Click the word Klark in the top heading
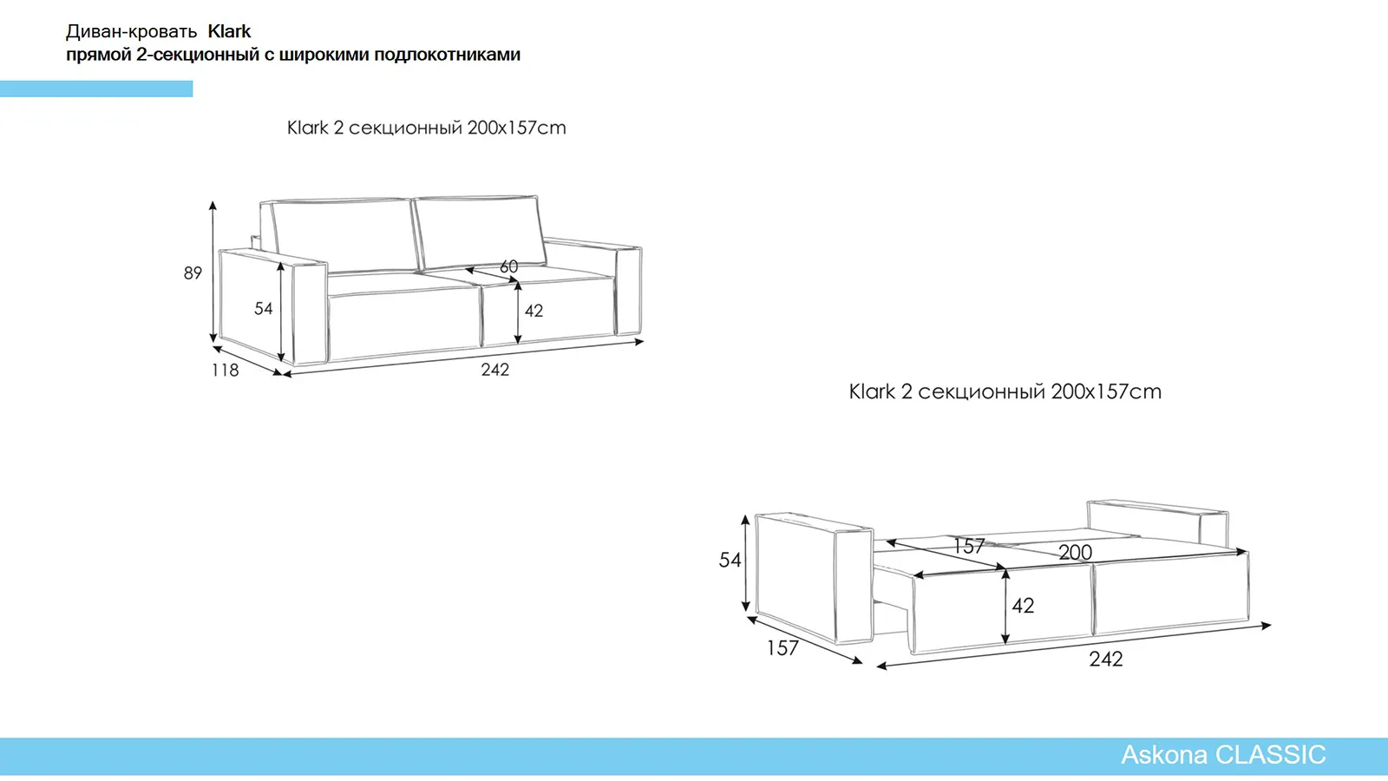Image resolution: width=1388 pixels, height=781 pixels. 229,31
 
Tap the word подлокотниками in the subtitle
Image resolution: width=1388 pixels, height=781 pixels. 448,56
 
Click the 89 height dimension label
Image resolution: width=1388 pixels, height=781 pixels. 193,272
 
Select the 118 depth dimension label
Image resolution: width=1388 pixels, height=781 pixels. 225,370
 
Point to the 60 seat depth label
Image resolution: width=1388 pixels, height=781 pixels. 508,266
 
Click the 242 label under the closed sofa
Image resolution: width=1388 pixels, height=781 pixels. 495,370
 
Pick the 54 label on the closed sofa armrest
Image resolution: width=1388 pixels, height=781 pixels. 264,309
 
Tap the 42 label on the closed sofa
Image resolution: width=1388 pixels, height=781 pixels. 534,311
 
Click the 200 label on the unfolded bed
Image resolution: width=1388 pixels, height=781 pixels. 1075,552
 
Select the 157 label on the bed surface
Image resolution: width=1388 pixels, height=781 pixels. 969,546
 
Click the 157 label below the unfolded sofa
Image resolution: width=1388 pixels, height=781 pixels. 782,648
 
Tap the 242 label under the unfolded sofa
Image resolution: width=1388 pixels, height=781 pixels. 1106,659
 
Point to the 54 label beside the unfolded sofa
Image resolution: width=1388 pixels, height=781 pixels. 730,561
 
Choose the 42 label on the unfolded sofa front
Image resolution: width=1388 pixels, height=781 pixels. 1023,606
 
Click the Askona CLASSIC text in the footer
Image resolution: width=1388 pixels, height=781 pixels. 1223,755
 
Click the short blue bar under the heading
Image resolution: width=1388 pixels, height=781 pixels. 96,89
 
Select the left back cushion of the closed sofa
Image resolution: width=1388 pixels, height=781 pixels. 344,235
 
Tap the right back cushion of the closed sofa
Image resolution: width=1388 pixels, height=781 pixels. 480,231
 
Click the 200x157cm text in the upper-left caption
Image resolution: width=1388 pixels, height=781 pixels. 517,128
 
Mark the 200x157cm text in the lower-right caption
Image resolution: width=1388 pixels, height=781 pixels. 1106,391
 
